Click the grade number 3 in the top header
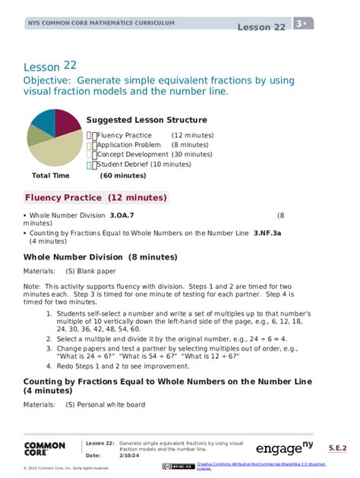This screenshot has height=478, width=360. point(300,24)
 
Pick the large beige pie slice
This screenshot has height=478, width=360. point(56,152)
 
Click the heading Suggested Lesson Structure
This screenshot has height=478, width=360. point(147,120)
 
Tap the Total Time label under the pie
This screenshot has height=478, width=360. point(50,175)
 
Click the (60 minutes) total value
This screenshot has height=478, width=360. point(123,175)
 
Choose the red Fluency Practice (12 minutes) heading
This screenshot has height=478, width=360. point(96,198)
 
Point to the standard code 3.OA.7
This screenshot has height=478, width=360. point(122,215)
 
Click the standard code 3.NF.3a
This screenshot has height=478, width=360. point(267,233)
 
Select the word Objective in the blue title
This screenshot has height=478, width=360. point(50,80)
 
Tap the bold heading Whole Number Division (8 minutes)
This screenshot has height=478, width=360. point(100,256)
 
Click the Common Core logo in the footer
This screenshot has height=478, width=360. point(46,448)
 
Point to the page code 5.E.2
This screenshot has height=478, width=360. point(338,448)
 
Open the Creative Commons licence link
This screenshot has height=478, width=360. point(261,465)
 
